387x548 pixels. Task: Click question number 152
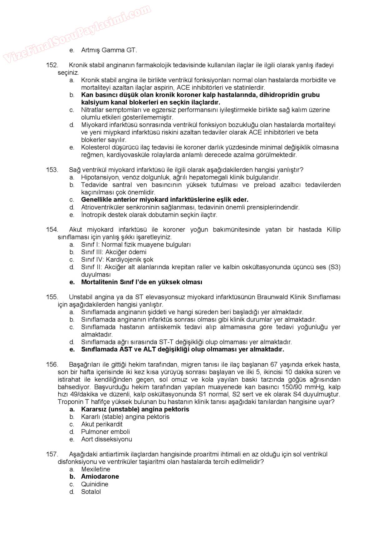[x=52, y=65]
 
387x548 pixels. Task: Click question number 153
[x=52, y=170]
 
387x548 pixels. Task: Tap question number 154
[x=52, y=230]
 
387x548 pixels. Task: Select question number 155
[x=52, y=297]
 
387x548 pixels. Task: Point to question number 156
[x=52, y=364]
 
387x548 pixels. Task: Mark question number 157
[x=52, y=454]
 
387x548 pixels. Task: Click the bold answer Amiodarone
[x=100, y=476]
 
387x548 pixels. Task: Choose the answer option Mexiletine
[x=96, y=469]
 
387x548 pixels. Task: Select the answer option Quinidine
[x=95, y=484]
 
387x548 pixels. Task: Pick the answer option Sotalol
[x=91, y=491]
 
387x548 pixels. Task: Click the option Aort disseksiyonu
[x=106, y=439]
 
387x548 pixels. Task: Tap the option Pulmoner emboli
[x=105, y=431]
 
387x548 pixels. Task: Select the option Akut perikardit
[x=102, y=424]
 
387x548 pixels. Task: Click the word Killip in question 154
[x=333, y=230]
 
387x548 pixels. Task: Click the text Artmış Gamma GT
[x=109, y=50]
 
